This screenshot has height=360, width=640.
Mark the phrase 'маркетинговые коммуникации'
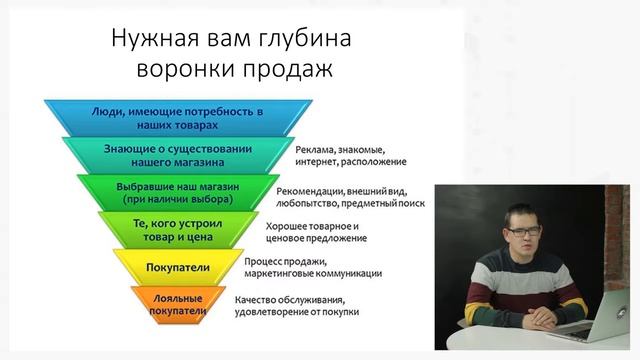click(312, 274)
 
